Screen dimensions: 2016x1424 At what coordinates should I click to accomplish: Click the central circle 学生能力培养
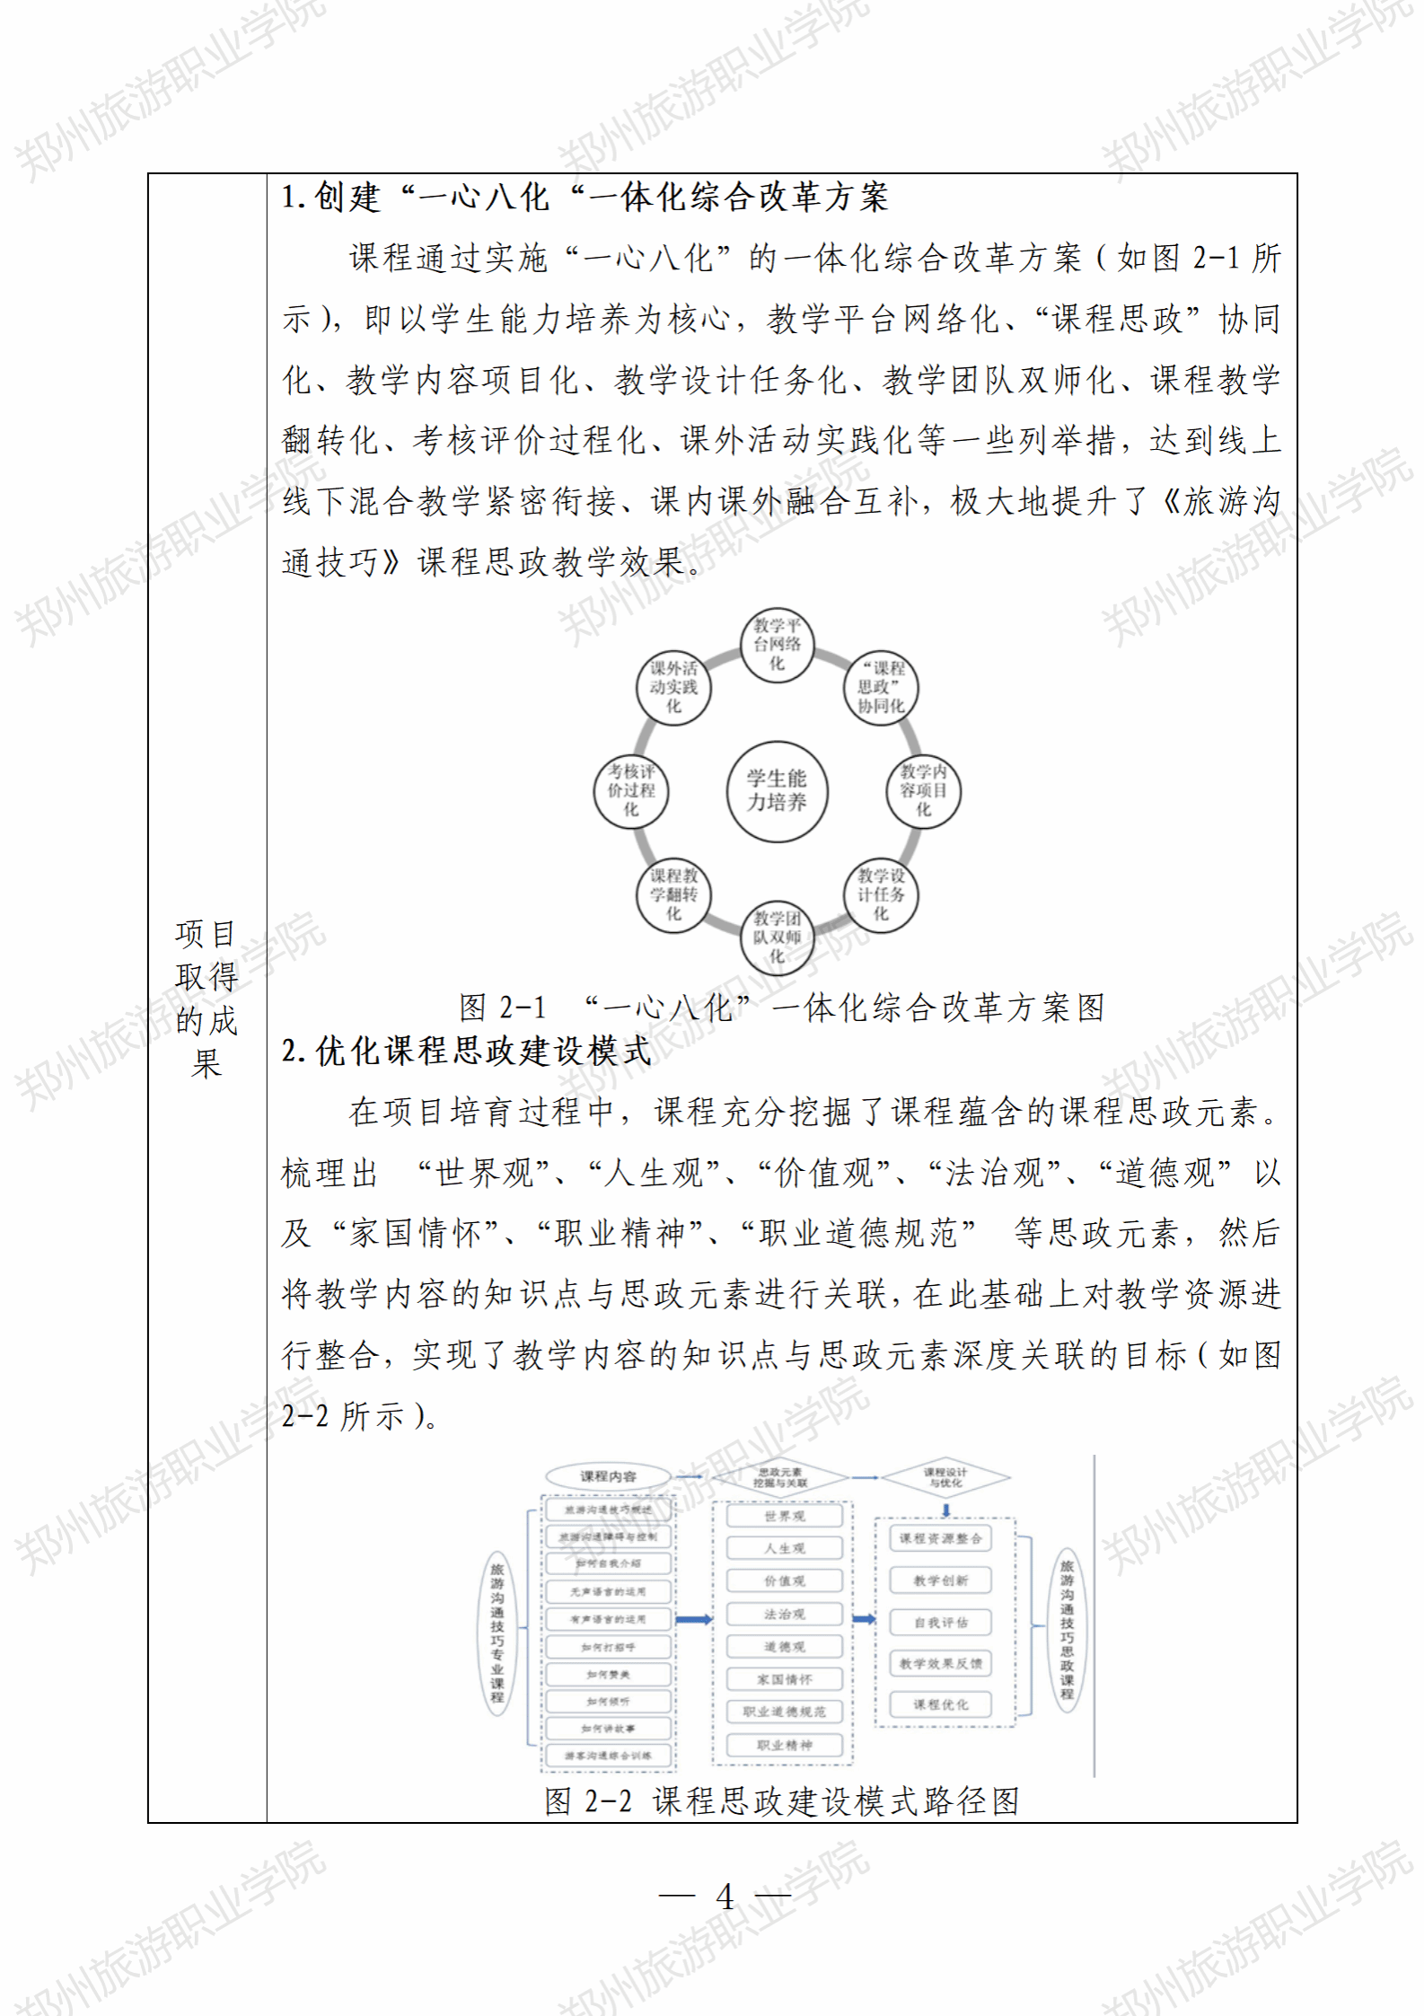[x=777, y=791]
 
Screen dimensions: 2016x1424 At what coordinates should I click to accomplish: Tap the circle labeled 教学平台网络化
[x=777, y=644]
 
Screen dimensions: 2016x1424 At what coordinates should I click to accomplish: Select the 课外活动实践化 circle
[x=673, y=687]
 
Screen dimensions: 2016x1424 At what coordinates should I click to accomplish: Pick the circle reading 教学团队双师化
[x=777, y=937]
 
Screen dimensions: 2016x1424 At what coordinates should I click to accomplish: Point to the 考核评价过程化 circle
[x=631, y=790]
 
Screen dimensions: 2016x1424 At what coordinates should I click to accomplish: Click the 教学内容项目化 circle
[x=923, y=790]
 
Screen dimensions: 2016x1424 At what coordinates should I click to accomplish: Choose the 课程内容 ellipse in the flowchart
[x=608, y=1476]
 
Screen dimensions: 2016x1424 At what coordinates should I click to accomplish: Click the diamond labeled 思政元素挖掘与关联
[x=779, y=1477]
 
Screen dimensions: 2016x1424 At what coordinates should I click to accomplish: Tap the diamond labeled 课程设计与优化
[x=945, y=1477]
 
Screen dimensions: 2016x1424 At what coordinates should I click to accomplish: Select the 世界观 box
[x=785, y=1516]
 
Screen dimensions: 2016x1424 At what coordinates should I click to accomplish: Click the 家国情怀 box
[x=785, y=1679]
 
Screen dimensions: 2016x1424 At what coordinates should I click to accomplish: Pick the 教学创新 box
[x=940, y=1580]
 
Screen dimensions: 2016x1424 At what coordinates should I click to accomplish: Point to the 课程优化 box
[x=940, y=1704]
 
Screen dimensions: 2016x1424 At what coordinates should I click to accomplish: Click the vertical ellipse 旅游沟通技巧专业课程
[x=497, y=1633]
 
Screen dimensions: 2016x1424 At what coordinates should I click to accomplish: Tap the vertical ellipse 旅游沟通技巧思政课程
[x=1067, y=1630]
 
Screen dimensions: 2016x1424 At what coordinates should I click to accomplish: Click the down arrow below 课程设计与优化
[x=945, y=1510]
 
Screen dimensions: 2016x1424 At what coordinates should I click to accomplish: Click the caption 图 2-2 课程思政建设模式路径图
[x=781, y=1801]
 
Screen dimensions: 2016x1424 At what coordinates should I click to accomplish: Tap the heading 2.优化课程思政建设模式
[x=466, y=1051]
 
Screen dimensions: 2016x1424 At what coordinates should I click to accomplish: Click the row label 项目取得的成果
[x=206, y=998]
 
